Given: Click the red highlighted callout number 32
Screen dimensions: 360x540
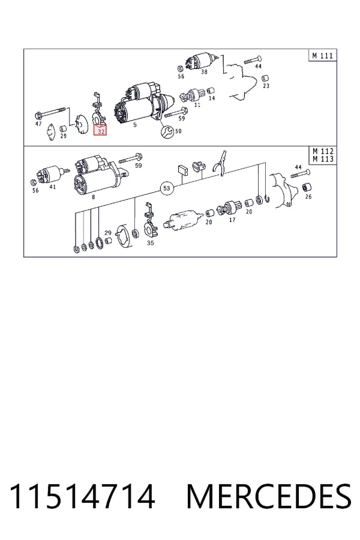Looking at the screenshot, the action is click(x=101, y=130).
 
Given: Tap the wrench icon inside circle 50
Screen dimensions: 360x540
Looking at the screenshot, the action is click(x=168, y=131).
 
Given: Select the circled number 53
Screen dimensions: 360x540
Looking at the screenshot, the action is click(x=167, y=188).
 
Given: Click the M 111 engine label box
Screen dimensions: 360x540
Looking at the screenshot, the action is click(x=322, y=55).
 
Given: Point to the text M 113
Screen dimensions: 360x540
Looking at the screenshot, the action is click(x=323, y=159).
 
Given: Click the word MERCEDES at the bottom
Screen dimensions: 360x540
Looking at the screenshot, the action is click(x=269, y=496).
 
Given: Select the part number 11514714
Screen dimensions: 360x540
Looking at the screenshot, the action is click(x=82, y=496).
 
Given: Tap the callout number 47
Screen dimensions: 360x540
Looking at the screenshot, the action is click(x=38, y=124).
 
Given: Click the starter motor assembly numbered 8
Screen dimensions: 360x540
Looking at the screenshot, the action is click(x=101, y=175).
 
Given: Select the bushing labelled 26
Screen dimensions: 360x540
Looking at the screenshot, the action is click(x=307, y=188).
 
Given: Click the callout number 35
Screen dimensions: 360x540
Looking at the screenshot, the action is click(x=150, y=243).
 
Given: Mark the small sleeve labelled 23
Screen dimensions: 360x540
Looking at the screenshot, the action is click(x=265, y=78).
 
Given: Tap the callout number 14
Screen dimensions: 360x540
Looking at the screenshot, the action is click(x=212, y=98).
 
